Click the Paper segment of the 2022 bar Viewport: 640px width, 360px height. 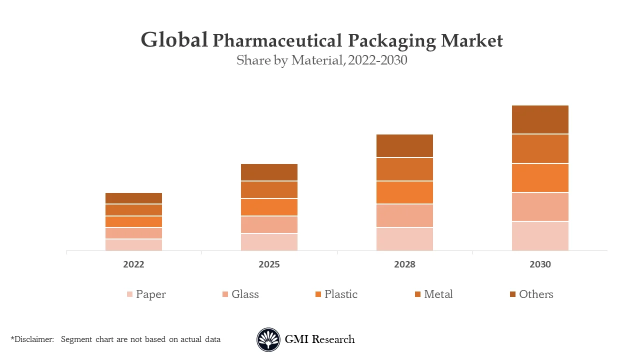pyautogui.click(x=133, y=245)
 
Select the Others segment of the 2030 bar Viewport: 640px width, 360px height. pyautogui.click(x=540, y=119)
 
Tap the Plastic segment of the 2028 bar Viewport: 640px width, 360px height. pyautogui.click(x=404, y=192)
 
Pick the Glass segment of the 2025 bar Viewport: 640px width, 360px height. pyautogui.click(x=269, y=224)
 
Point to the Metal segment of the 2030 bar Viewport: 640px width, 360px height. pyautogui.click(x=540, y=148)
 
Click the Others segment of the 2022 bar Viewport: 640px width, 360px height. pyautogui.click(x=133, y=198)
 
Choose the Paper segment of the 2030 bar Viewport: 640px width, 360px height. pyautogui.click(x=540, y=236)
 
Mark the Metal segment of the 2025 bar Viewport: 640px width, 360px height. pyautogui.click(x=269, y=189)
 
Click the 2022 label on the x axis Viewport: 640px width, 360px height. pyautogui.click(x=133, y=264)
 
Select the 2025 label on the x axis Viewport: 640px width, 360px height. pyautogui.click(x=269, y=264)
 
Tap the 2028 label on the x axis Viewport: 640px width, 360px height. pyautogui.click(x=404, y=264)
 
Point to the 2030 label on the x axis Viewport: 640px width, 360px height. pyautogui.click(x=540, y=264)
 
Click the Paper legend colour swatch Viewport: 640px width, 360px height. pyautogui.click(x=129, y=294)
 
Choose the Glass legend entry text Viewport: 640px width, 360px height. pyautogui.click(x=245, y=294)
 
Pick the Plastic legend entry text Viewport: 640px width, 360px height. pyautogui.click(x=341, y=294)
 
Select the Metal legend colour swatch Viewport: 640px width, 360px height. pyautogui.click(x=417, y=294)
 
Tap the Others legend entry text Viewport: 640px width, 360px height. pyautogui.click(x=536, y=294)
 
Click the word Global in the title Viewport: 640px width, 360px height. pyautogui.click(x=174, y=40)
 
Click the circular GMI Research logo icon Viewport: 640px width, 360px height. pyautogui.click(x=268, y=339)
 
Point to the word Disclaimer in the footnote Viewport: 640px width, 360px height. pyautogui.click(x=33, y=339)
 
